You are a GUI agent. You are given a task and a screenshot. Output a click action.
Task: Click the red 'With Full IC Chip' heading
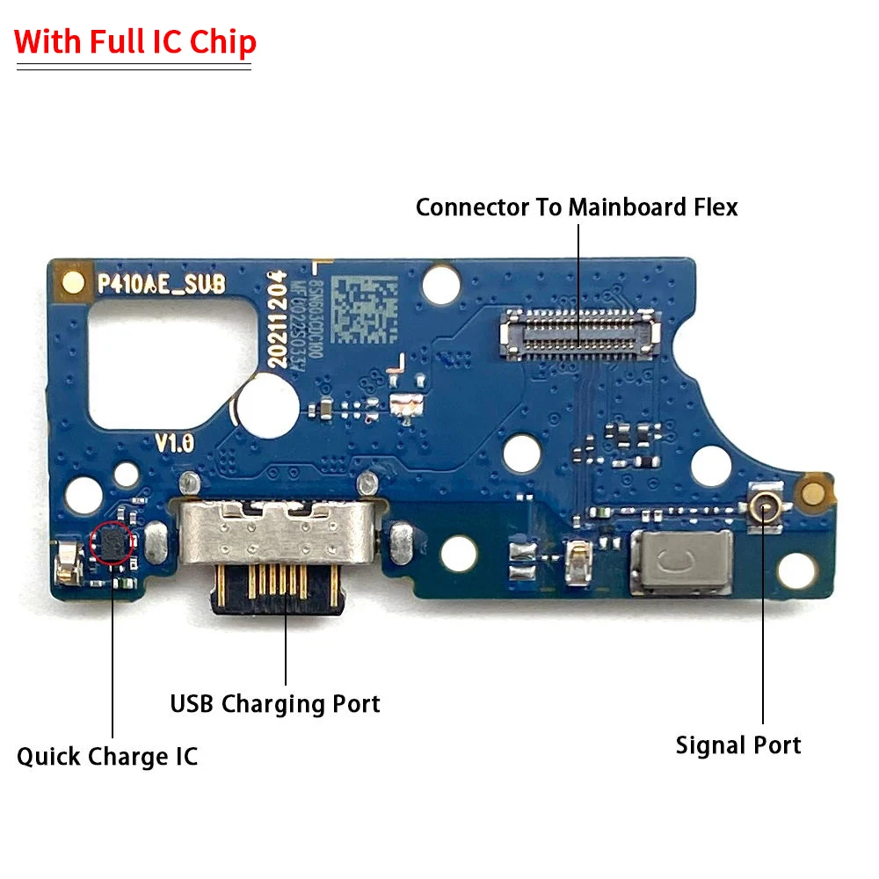pyautogui.click(x=135, y=43)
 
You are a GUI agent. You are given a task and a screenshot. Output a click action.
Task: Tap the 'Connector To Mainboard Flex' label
pyautogui.click(x=577, y=207)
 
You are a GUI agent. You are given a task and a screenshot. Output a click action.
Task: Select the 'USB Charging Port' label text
pyautogui.click(x=275, y=704)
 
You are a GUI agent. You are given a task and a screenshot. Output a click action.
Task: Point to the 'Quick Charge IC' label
pyautogui.click(x=107, y=757)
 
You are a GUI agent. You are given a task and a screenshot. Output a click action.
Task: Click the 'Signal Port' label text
pyautogui.click(x=738, y=746)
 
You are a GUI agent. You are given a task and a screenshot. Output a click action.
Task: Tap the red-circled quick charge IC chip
pyautogui.click(x=113, y=541)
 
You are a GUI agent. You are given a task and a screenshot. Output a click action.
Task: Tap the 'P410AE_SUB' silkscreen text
pyautogui.click(x=160, y=283)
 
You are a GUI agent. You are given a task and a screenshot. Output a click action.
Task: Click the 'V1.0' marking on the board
pyautogui.click(x=175, y=443)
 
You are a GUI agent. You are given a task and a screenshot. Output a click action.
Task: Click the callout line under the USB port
pyautogui.click(x=286, y=650)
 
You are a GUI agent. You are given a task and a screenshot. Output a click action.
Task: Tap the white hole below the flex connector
pyautogui.click(x=522, y=452)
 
